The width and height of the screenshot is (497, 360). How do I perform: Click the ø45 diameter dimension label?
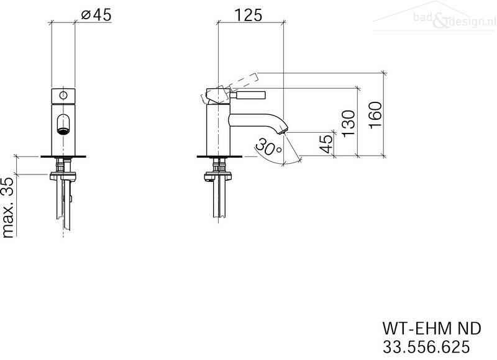96,15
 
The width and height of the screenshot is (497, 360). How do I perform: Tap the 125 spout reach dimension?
248,15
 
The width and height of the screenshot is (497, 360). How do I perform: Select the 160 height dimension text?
375,115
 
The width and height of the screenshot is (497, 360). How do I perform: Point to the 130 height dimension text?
349,123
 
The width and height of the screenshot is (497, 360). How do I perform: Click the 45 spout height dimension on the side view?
326,144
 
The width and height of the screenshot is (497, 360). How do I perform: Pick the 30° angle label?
268,146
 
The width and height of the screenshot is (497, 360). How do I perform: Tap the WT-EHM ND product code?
432,328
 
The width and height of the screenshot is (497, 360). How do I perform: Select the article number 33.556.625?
426,347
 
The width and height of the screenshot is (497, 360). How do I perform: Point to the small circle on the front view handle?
63,95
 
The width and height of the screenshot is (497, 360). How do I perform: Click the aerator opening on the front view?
63,130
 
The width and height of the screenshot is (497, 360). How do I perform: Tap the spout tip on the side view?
283,130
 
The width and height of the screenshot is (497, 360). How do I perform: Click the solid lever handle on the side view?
247,95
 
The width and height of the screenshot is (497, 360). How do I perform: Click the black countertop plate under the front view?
63,156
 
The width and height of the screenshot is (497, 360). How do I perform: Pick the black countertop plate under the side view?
219,156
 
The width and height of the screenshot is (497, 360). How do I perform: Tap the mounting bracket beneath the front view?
63,176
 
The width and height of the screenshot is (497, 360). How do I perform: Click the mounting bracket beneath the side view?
219,176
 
